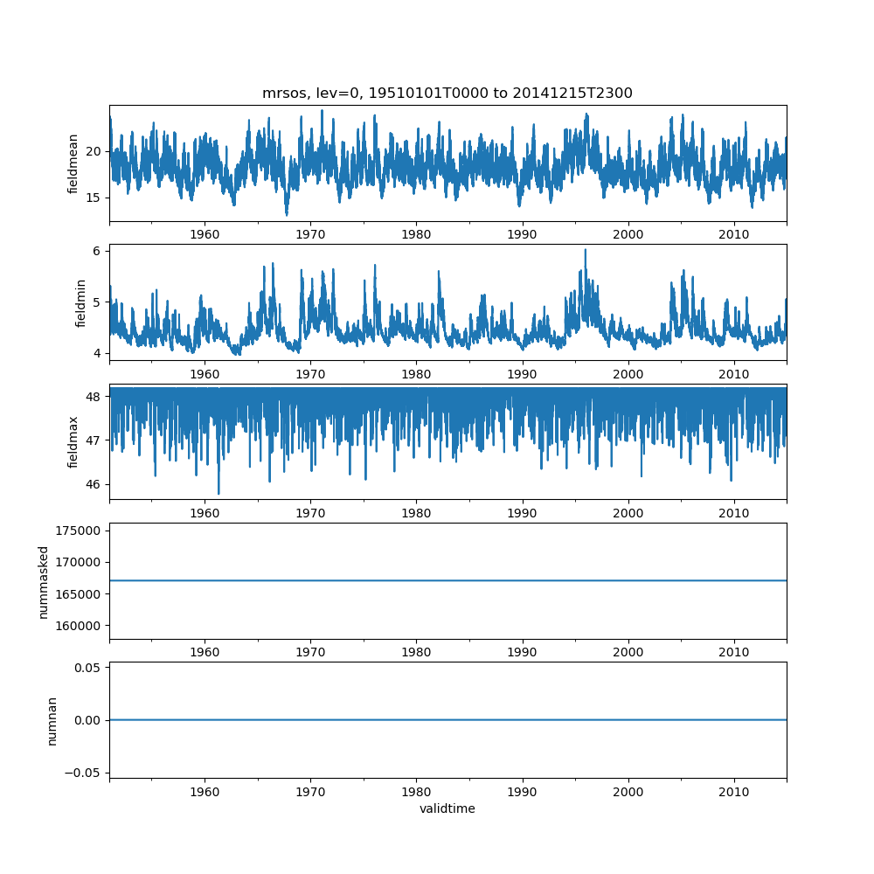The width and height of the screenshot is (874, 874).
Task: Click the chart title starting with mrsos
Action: (447, 93)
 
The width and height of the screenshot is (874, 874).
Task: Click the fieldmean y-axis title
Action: (73, 163)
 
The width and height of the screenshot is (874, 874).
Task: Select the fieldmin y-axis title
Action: (80, 302)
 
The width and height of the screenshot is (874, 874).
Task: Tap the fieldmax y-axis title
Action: (73, 441)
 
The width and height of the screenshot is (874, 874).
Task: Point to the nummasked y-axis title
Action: (43, 581)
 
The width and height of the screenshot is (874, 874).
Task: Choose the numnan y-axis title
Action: (52, 720)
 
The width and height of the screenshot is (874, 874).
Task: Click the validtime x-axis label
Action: (447, 808)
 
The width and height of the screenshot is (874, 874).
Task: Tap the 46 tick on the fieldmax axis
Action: (95, 484)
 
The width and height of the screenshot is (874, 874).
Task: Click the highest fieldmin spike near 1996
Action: (585, 250)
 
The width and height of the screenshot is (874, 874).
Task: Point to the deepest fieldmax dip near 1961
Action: (218, 494)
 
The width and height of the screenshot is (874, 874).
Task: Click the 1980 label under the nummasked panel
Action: (416, 652)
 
